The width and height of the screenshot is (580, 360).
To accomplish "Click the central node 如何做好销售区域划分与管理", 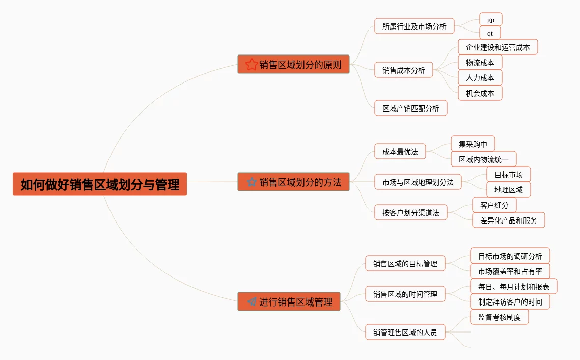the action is click(x=100, y=184).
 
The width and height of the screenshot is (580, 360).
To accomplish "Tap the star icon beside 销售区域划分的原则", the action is click(x=252, y=64).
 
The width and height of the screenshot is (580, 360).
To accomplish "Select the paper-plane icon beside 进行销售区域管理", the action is click(x=252, y=301).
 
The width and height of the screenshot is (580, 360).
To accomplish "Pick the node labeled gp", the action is click(x=490, y=19).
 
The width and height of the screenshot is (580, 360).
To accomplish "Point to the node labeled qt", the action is click(x=490, y=33).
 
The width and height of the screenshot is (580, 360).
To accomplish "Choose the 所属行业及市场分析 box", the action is click(x=414, y=26).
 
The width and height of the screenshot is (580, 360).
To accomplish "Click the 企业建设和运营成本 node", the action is click(x=498, y=47).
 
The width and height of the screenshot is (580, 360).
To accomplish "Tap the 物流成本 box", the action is click(x=480, y=63).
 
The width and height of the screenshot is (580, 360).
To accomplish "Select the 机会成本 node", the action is click(x=480, y=93).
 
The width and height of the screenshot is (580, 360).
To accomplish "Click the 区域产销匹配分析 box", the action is click(x=410, y=108).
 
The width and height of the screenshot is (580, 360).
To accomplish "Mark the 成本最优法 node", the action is click(x=400, y=151).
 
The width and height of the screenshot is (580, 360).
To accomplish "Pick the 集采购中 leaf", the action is click(x=473, y=144).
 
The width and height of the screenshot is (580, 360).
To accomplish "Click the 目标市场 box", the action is click(x=508, y=174).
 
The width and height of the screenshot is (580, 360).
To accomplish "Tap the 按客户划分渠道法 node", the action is click(x=410, y=212).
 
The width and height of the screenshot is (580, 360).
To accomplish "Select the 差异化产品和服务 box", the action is click(x=508, y=220).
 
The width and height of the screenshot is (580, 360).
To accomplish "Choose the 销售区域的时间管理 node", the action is click(x=405, y=294).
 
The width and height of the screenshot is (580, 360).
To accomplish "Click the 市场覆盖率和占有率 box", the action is click(x=510, y=271).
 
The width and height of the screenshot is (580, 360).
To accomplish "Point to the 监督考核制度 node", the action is click(x=499, y=317).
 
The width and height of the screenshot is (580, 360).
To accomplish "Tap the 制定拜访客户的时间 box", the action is click(x=510, y=301).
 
